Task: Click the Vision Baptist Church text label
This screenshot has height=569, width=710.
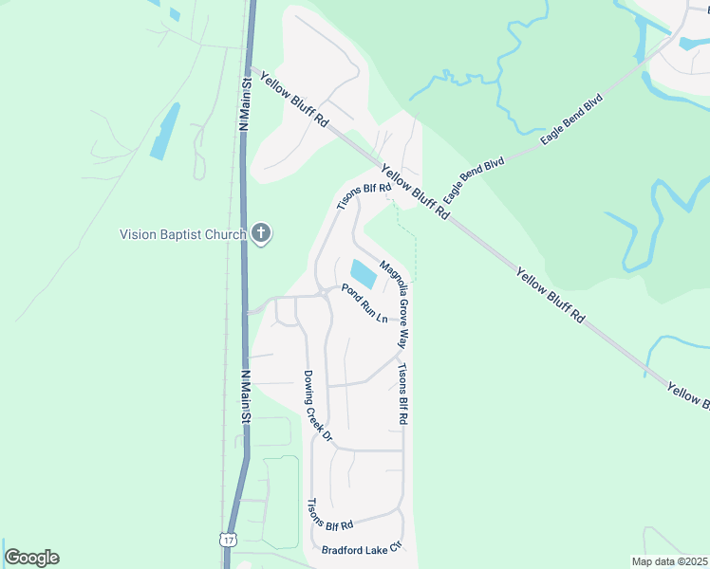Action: click(184, 234)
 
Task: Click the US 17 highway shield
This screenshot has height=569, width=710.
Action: click(228, 540)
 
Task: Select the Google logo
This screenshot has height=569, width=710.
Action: click(31, 558)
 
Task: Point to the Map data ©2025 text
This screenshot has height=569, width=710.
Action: click(669, 561)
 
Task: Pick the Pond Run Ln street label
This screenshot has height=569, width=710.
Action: click(365, 302)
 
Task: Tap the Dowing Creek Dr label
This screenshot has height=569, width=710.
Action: click(317, 407)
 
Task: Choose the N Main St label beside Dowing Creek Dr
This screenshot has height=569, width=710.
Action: click(245, 396)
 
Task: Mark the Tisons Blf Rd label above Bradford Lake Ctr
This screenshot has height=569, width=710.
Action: click(330, 515)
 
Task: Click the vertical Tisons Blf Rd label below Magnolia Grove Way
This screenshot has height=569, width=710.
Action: click(402, 394)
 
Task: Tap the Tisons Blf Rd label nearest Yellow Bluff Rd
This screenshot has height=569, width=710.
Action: click(364, 194)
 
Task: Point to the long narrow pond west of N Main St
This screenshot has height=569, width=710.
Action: click(165, 131)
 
